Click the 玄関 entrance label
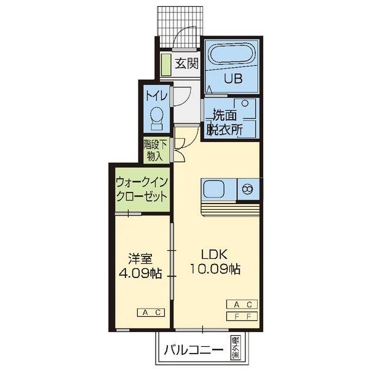[187, 63]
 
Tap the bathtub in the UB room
[231, 54]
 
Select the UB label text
[233, 78]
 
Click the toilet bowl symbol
[157, 117]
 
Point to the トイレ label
[157, 96]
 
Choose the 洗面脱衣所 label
[224, 122]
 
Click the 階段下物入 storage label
[156, 151]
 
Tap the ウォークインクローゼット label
[142, 189]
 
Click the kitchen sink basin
[214, 189]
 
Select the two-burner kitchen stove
[248, 189]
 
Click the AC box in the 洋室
[151, 312]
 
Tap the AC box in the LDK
[242, 304]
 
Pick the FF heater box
[242, 316]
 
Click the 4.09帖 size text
[140, 273]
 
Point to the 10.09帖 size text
[215, 269]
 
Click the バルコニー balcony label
[194, 350]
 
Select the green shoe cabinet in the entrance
[165, 65]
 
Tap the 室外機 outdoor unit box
[236, 348]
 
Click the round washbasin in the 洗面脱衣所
[245, 103]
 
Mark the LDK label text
[214, 255]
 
